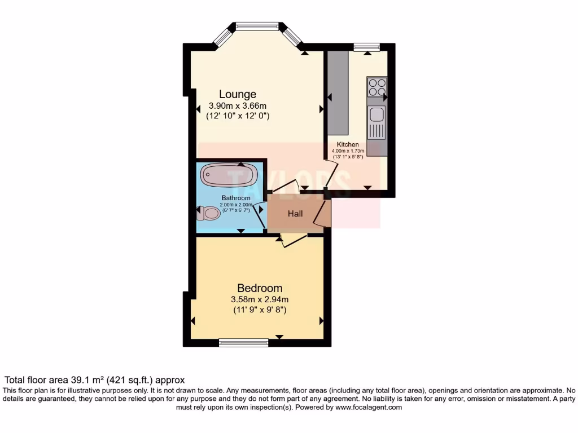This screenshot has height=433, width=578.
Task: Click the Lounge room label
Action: (x=238, y=94)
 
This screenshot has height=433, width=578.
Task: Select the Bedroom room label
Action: (x=260, y=288)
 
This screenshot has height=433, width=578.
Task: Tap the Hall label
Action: (x=295, y=214)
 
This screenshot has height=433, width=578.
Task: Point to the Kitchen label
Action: (x=348, y=144)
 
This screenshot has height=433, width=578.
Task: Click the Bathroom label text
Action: (x=235, y=198)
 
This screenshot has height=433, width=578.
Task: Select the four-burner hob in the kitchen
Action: (x=377, y=87)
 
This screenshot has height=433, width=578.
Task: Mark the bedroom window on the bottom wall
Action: (x=243, y=341)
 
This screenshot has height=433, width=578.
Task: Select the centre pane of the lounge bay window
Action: (x=257, y=25)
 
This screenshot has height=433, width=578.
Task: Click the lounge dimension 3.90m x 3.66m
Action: (x=238, y=105)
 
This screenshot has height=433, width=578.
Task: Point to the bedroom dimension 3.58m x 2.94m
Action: (x=260, y=299)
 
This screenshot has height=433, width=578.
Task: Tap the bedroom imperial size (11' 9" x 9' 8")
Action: (x=260, y=310)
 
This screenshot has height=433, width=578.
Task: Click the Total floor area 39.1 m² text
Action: (x=94, y=380)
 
